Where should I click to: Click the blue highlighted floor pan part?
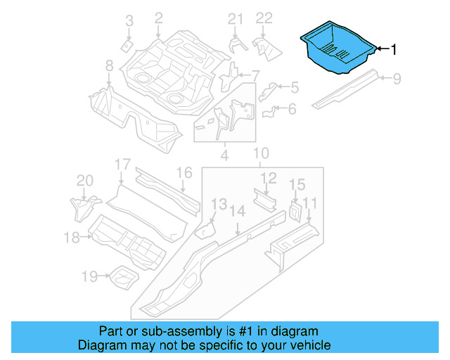click(336, 48)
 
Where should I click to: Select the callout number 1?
click(394, 49)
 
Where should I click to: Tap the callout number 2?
click(158, 18)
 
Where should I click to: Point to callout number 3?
click(129, 22)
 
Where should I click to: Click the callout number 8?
click(110, 65)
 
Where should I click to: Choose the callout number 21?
click(235, 19)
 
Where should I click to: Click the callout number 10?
click(261, 153)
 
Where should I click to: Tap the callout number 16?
click(184, 173)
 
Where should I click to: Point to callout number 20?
click(84, 181)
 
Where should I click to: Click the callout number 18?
click(72, 238)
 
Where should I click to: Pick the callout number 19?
click(89, 276)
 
